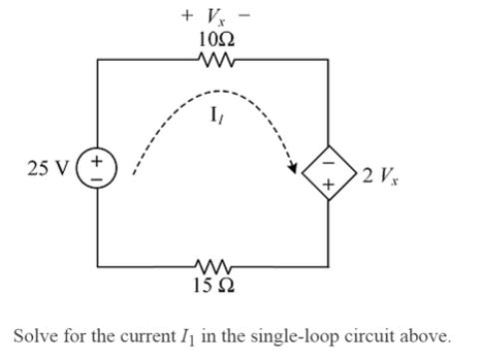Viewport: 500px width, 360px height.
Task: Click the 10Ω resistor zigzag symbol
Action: (x=214, y=60)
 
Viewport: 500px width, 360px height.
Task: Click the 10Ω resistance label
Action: (x=215, y=40)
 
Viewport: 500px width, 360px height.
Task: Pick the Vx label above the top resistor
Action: (x=214, y=17)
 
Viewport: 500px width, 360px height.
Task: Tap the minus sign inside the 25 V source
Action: (x=98, y=176)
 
